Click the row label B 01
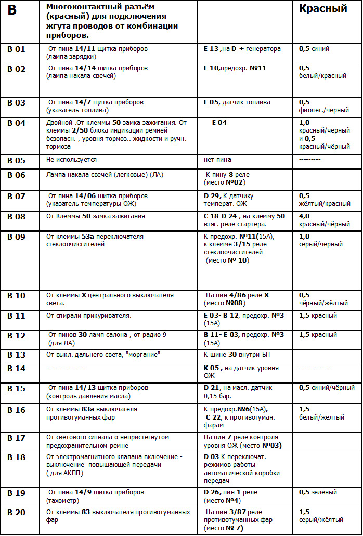pos(16,49)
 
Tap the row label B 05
pos(16,160)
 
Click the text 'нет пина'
pos(217,160)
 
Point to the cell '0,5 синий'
pos(314,49)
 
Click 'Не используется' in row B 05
pos(71,160)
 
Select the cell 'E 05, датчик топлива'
pos(237,102)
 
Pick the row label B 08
pos(16,217)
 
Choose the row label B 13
pos(16,355)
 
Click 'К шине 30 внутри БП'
pos(237,355)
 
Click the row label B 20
pos(16,513)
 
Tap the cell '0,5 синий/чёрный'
pos(327,388)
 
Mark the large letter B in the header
pos(12,10)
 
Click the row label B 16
pos(16,410)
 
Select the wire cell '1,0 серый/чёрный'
pos(321,240)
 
